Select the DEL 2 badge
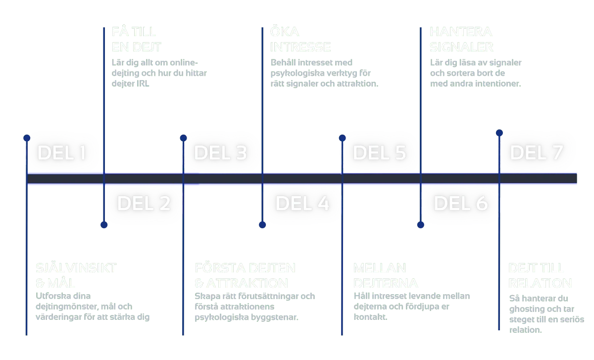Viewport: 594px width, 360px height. (144, 203)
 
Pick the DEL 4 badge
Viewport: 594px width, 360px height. (302, 203)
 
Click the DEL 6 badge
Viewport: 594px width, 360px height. (461, 203)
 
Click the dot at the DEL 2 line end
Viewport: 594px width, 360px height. (104, 224)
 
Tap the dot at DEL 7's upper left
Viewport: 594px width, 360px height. (499, 133)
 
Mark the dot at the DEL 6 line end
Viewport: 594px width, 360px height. (420, 224)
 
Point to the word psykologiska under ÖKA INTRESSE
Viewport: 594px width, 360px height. (295, 74)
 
